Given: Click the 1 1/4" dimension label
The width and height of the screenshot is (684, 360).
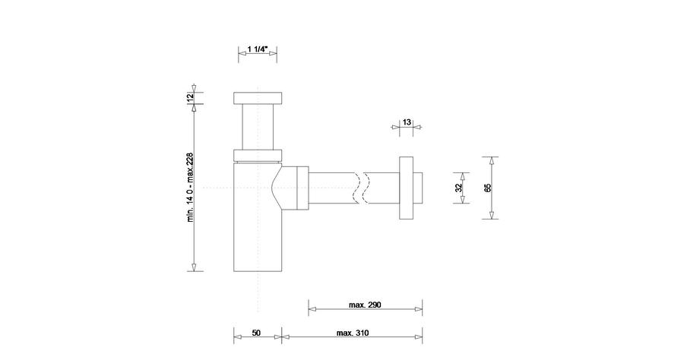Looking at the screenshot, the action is pos(258,49).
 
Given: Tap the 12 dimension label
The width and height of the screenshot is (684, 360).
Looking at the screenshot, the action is pos(190,97).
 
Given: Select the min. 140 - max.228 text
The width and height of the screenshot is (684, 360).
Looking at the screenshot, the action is pos(190,187).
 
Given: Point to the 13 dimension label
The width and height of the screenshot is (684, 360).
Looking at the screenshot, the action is pos(407,122).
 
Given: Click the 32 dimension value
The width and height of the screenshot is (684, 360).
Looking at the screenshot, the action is pos(458,188).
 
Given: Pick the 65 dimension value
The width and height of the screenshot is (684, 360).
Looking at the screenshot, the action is pos(488,188).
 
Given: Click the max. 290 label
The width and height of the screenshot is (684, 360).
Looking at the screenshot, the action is pos(365,305).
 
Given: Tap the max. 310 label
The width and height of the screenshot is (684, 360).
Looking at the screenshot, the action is pos(353,333).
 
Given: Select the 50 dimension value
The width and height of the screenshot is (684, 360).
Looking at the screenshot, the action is pos(257,333).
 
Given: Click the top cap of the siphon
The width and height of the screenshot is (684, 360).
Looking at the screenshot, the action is pos(258,98).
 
